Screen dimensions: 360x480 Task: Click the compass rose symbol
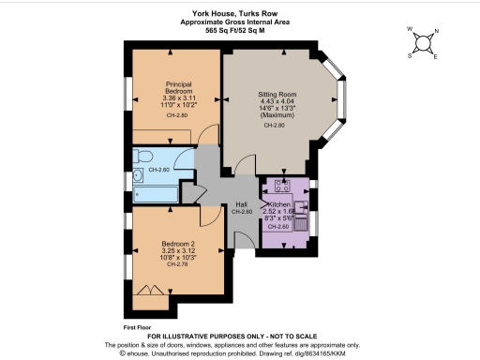click(x=424, y=42)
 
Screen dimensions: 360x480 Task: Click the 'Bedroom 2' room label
click(x=177, y=247)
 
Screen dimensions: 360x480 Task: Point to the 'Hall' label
click(x=241, y=204)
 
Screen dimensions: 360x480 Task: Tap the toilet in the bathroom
click(x=142, y=155)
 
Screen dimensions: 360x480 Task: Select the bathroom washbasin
click(x=137, y=174)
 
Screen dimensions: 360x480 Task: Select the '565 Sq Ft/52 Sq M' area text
click(x=239, y=30)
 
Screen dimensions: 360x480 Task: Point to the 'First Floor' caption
click(x=138, y=327)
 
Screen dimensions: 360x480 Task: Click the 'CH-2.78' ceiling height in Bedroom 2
click(x=177, y=264)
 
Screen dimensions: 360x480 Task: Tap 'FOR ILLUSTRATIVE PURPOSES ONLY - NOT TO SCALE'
click(x=239, y=335)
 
